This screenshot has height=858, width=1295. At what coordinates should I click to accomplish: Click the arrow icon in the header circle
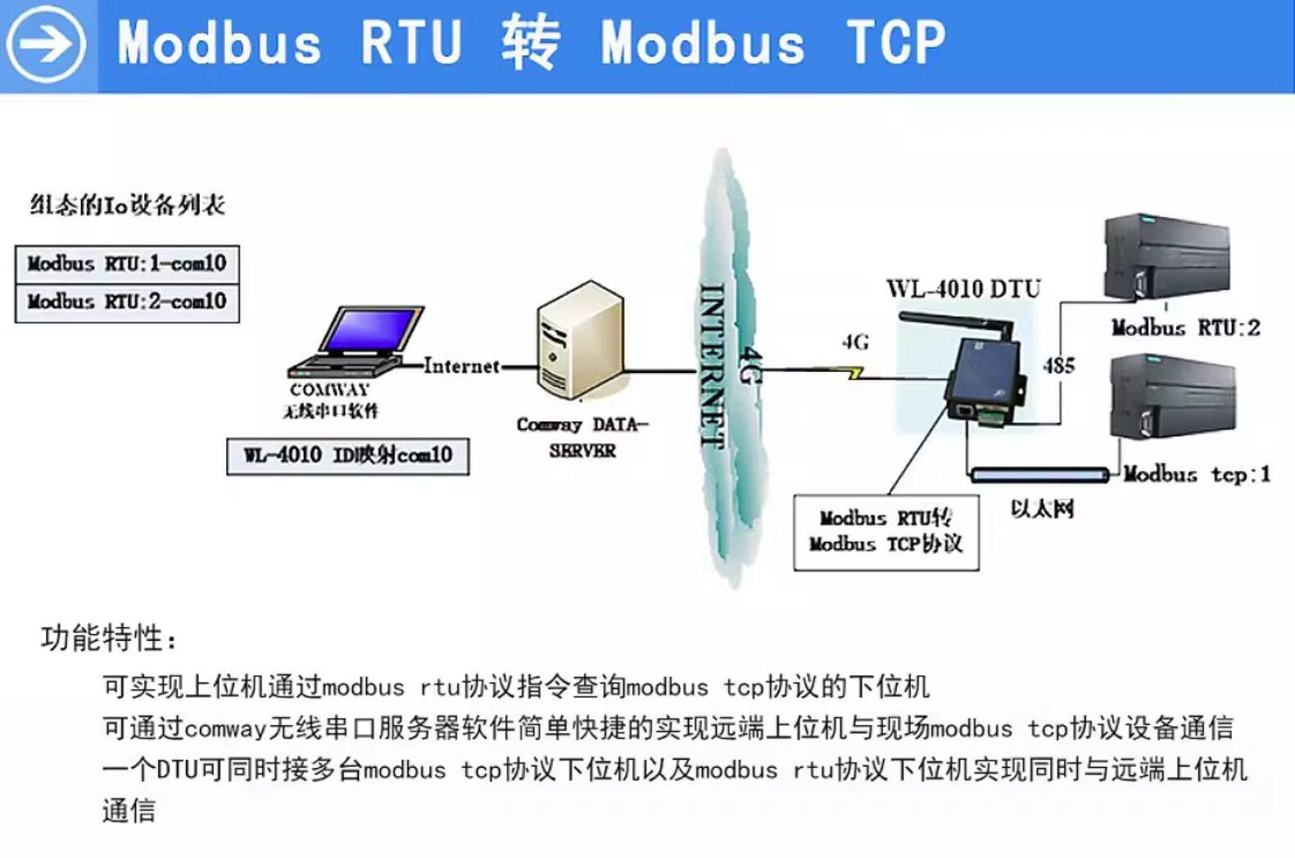[46, 43]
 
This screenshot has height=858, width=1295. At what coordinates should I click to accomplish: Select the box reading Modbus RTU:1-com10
[127, 264]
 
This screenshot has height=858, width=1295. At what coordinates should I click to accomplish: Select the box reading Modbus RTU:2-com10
[127, 302]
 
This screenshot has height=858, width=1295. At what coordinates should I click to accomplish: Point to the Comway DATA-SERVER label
[582, 437]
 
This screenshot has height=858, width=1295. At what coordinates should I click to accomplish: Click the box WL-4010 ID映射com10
[347, 456]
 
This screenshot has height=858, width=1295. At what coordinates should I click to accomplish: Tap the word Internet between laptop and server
[461, 366]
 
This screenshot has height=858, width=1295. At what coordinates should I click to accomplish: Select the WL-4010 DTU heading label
[963, 288]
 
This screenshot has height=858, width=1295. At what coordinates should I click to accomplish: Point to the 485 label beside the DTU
[1058, 365]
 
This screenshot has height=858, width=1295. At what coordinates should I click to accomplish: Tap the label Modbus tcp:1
[1196, 474]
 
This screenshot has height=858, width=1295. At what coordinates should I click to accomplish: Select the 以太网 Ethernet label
[1042, 509]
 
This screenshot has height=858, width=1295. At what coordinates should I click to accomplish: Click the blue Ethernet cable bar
[1039, 474]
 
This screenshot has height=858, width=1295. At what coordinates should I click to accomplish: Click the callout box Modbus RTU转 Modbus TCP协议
[885, 532]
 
